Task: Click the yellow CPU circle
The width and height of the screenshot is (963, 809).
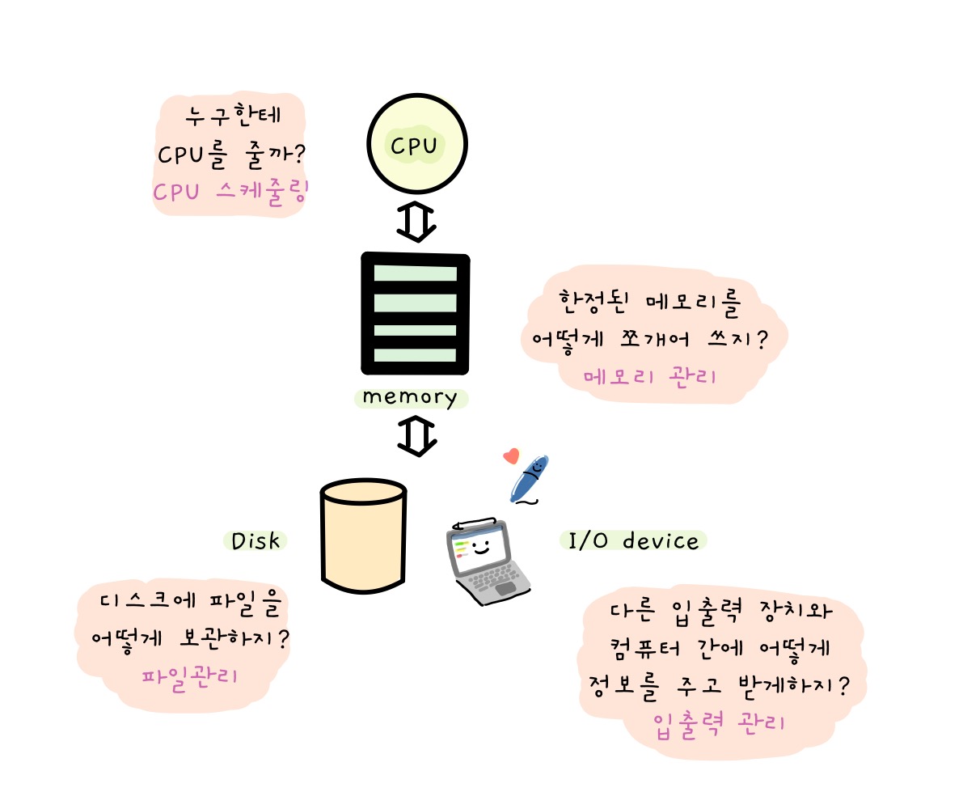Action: pos(417,145)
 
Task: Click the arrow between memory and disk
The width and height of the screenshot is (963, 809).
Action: pos(417,436)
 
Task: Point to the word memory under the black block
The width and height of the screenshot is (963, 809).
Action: pos(410,397)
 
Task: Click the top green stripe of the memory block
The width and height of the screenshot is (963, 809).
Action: pos(415,273)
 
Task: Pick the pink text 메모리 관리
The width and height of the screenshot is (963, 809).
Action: pos(649,376)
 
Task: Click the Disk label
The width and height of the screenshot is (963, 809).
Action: pos(256,541)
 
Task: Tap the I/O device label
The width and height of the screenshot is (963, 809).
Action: pos(633,540)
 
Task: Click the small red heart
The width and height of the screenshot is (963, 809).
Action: pos(510,456)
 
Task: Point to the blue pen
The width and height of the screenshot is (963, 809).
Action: pos(530,479)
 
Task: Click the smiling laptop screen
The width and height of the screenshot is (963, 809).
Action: pos(479,548)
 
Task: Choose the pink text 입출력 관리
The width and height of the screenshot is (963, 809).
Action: pos(719,722)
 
